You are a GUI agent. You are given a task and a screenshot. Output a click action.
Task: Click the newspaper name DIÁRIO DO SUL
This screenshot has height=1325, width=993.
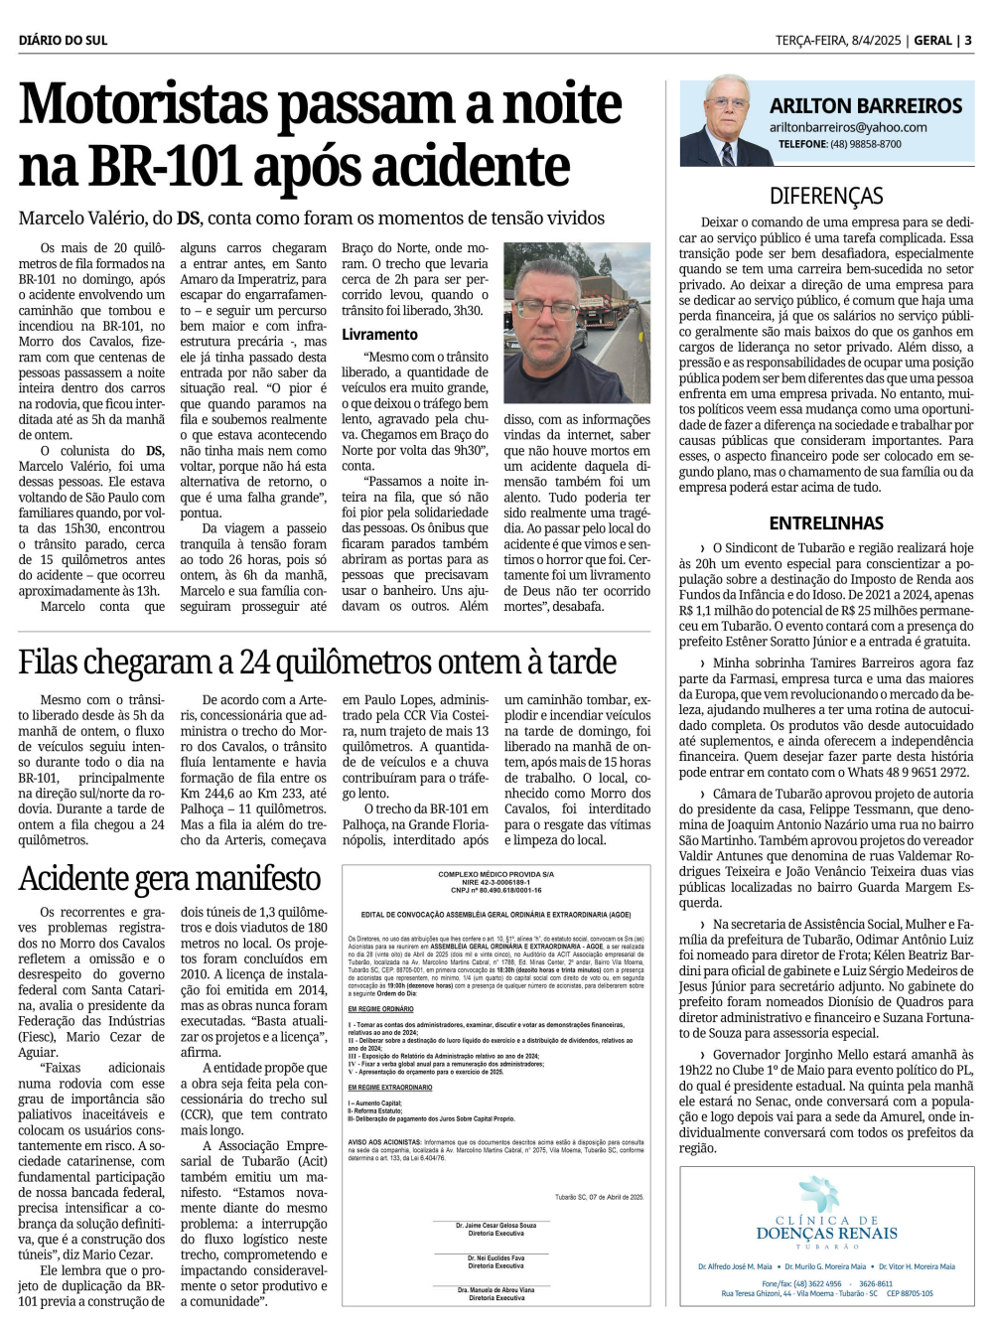63,41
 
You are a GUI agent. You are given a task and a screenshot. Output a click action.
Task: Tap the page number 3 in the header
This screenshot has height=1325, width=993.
968,41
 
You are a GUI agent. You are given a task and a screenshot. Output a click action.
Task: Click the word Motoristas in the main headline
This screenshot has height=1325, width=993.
143,104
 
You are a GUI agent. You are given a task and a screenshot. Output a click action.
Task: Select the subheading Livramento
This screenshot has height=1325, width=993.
379,335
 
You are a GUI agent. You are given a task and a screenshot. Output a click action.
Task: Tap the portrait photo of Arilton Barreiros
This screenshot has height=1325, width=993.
722,123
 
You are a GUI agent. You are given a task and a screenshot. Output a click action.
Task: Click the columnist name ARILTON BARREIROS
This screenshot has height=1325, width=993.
866,106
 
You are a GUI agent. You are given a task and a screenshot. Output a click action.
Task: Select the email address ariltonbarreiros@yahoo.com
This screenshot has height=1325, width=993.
848,127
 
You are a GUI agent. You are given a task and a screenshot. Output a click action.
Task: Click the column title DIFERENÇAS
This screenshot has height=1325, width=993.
826,196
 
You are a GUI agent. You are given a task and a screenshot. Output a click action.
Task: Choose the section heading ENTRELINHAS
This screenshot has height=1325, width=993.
826,522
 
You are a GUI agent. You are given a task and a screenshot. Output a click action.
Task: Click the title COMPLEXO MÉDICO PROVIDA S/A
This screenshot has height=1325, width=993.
496,874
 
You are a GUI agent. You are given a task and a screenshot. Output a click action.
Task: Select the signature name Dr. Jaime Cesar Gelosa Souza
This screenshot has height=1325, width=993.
496,1226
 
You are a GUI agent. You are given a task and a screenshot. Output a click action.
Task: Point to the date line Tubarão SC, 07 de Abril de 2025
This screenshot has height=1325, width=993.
599,1197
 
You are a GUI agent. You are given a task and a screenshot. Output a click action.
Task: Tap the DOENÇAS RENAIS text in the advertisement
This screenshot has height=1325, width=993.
826,1234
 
